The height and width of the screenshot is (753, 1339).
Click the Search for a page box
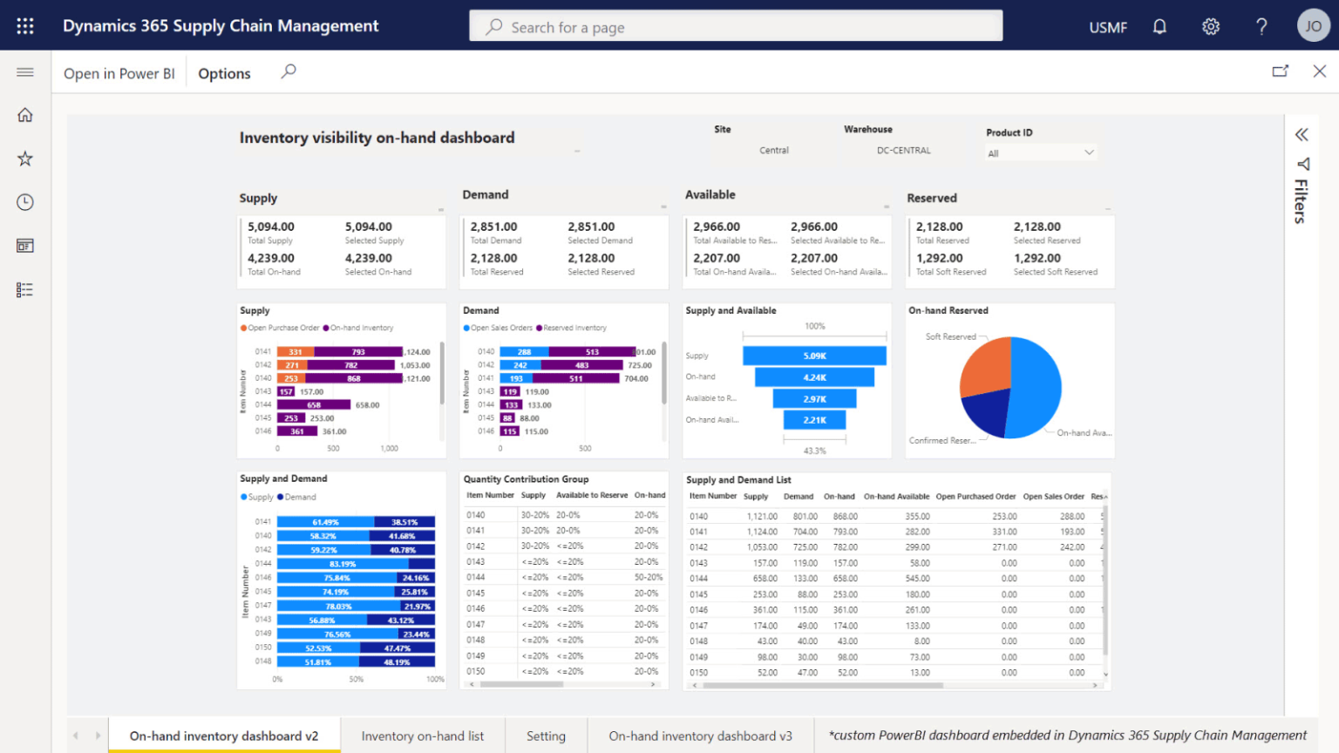(736, 26)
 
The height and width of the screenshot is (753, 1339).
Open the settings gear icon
(1211, 26)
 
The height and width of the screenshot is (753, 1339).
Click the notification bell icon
(1159, 26)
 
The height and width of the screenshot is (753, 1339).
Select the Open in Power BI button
(119, 73)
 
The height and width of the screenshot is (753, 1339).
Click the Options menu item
(224, 73)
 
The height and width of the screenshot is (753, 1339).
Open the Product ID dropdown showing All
(1040, 153)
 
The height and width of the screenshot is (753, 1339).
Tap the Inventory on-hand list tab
(423, 736)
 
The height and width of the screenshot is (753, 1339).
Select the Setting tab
(546, 736)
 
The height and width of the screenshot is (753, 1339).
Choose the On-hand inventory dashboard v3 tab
(700, 736)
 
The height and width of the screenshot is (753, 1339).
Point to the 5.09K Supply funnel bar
(814, 356)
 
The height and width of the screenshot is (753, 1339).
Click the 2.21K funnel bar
(814, 420)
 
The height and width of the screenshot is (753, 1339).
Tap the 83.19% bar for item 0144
(342, 564)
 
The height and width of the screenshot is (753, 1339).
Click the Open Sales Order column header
(1053, 496)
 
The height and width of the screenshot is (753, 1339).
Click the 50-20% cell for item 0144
(648, 577)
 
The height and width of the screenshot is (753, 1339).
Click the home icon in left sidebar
(25, 115)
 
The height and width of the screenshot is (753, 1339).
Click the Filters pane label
(1301, 200)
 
